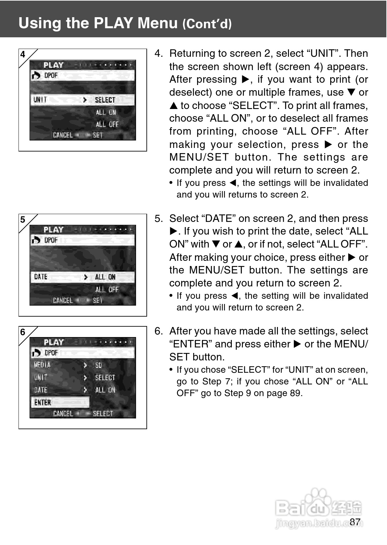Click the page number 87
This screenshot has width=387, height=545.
[x=355, y=522]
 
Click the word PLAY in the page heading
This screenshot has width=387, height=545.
[x=113, y=23]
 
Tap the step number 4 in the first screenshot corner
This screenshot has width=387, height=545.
[x=23, y=54]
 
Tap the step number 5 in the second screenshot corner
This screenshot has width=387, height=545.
[x=23, y=220]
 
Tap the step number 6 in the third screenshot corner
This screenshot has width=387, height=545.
[x=23, y=332]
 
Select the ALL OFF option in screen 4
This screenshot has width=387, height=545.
[x=107, y=124]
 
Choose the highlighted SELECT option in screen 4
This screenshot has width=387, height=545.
[x=105, y=100]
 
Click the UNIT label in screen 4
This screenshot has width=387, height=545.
[x=40, y=100]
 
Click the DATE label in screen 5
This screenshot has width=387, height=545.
[x=41, y=277]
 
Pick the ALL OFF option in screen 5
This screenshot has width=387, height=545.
[x=107, y=289]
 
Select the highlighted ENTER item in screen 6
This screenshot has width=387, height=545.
[x=43, y=403]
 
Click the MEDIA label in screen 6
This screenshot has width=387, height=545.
[x=42, y=365]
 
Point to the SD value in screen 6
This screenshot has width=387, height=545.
[x=99, y=365]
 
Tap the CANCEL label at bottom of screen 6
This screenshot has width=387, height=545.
[x=63, y=414]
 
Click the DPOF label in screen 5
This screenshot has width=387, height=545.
[x=51, y=240]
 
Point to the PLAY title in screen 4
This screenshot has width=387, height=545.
[x=54, y=65]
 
